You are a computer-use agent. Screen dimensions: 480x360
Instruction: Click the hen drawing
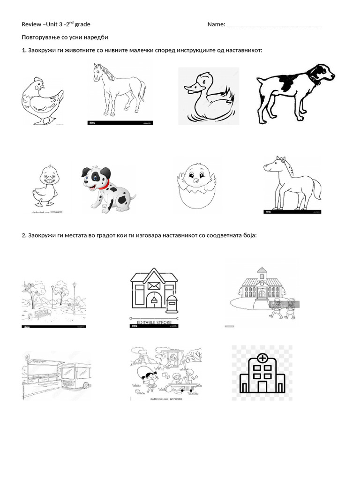(42, 100)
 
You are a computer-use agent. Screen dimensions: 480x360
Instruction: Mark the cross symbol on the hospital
(262, 359)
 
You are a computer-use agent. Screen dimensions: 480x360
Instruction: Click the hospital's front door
(262, 386)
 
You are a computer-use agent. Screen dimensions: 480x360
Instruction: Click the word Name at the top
(216, 24)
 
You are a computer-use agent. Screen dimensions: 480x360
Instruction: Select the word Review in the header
(31, 24)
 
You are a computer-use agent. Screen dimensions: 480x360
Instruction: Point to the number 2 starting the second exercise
(23, 235)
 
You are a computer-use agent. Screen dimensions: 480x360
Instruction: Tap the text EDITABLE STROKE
(154, 323)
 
